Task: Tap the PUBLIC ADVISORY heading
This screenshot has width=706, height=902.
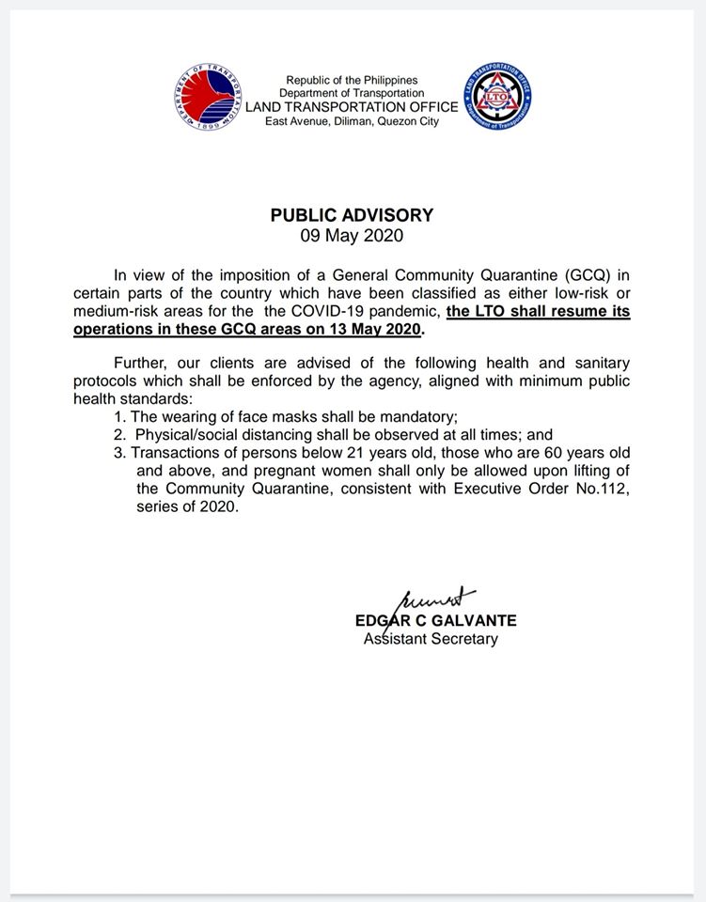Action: [352, 214]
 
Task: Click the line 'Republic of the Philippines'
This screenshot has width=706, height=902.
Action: [352, 80]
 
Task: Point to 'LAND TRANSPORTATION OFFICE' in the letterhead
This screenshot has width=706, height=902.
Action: [352, 107]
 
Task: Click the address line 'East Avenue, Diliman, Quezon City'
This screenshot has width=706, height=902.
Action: [352, 121]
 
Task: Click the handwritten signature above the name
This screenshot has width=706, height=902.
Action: [438, 599]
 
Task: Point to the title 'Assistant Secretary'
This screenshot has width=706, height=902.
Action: [431, 639]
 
